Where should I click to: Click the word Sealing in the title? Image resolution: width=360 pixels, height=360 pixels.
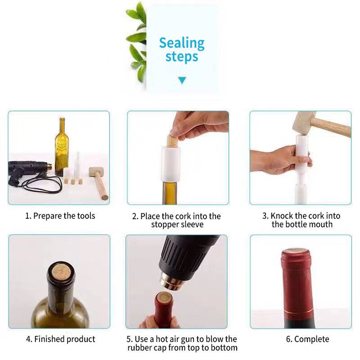point(182,44)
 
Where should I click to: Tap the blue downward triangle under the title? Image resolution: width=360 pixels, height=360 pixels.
point(182,80)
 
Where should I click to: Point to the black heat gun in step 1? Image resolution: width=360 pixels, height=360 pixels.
point(27,171)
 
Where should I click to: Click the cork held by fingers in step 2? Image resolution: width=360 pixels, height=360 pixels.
point(173,141)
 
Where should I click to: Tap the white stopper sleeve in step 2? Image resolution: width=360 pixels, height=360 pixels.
point(171,164)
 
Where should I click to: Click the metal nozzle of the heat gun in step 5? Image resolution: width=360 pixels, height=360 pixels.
point(173,282)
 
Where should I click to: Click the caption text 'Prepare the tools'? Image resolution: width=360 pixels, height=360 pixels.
point(64,216)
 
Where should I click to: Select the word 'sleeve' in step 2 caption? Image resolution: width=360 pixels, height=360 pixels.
point(192,224)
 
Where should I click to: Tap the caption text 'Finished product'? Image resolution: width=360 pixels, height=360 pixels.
point(64,339)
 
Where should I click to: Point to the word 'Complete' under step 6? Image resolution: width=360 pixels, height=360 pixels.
point(311,339)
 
